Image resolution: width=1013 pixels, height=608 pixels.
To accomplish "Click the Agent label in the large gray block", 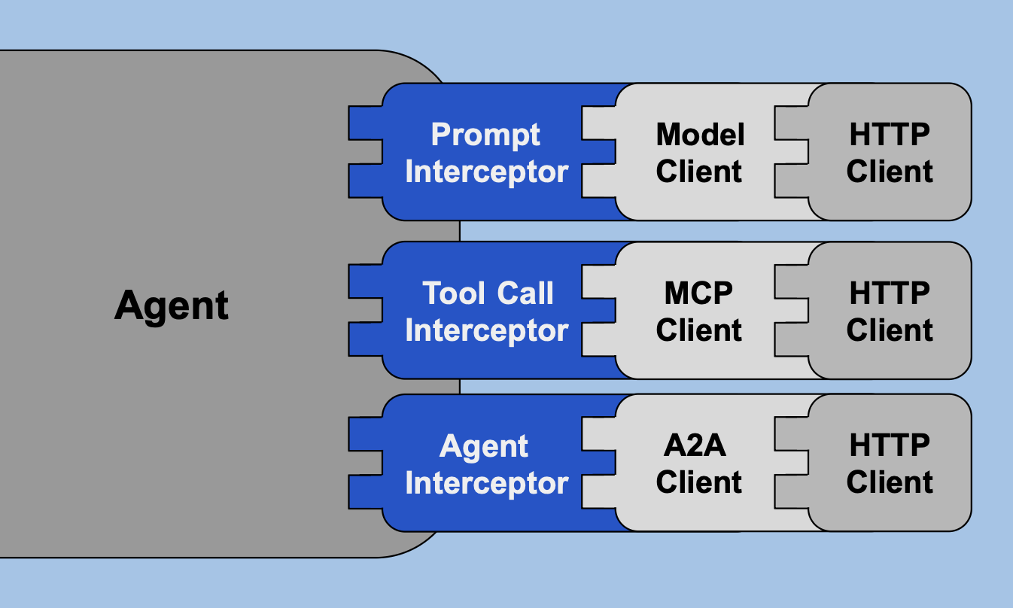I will click(x=172, y=306).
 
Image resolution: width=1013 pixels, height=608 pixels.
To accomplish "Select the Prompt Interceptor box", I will click(x=485, y=153).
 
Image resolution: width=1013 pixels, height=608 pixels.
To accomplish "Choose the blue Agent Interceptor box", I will click(x=485, y=464).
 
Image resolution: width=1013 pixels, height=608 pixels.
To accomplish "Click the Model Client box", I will click(x=698, y=153).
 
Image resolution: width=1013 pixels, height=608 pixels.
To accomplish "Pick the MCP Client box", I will click(x=698, y=311).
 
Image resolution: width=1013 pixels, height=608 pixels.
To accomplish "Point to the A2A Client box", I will click(x=698, y=464).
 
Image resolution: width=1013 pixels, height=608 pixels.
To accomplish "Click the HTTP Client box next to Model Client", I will click(x=890, y=153).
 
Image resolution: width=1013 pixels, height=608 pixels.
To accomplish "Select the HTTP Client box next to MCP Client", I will click(x=890, y=311).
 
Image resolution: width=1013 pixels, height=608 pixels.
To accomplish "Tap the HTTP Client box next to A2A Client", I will click(x=890, y=464).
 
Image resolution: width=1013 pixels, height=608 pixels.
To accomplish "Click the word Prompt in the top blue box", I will click(x=485, y=135).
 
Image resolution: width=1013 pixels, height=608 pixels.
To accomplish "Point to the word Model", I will click(x=700, y=135).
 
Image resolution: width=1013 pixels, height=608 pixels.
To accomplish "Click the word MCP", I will click(x=698, y=293).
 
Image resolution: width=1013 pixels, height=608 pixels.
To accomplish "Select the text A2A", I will click(x=695, y=445).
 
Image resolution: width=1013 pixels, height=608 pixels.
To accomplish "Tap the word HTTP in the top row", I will click(x=890, y=135).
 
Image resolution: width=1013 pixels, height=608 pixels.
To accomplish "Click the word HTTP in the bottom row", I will click(x=890, y=445).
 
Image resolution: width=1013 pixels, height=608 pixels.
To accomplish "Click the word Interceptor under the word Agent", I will click(x=486, y=482).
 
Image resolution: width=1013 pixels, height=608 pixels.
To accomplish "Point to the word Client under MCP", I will click(x=698, y=330).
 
